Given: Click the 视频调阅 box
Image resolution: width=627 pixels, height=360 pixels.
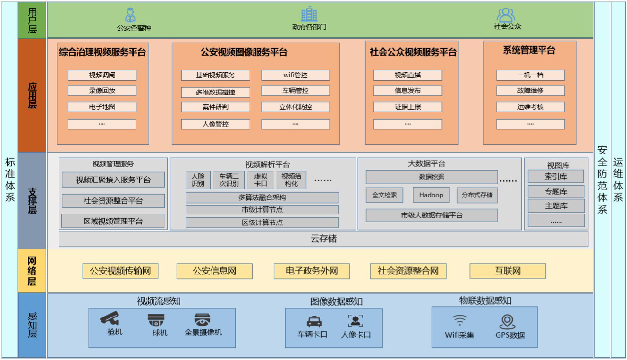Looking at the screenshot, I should tap(102, 75).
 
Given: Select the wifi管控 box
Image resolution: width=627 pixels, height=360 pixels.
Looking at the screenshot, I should tap(295, 75).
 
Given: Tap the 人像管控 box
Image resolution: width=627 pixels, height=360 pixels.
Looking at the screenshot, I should tap(215, 124).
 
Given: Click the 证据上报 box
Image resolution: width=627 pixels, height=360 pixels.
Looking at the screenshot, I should tap(407, 107).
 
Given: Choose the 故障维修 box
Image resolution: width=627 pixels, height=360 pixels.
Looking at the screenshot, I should tap(530, 91).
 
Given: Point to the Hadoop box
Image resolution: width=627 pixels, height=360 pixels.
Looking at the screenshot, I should tap(431, 195).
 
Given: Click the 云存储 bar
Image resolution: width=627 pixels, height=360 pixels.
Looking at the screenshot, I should tap(323, 239).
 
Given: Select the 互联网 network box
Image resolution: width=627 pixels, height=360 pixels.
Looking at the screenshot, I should tap(508, 271).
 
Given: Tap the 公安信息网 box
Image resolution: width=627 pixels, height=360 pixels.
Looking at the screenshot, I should tap(214, 271).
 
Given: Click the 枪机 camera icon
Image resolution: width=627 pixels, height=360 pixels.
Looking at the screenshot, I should tap(110, 318).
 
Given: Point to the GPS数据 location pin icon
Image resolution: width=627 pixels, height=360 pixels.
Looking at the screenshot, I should tap(508, 322).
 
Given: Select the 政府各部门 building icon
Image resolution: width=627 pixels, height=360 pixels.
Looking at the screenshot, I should tap(309, 14).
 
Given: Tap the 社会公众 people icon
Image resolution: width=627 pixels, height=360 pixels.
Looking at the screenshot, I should tap(506, 14).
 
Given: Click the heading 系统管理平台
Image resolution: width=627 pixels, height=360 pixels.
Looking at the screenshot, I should tap(529, 51).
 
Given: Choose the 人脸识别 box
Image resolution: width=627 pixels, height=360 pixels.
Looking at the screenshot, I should tap(198, 180).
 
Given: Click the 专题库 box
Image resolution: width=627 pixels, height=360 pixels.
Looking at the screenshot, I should tap(556, 191).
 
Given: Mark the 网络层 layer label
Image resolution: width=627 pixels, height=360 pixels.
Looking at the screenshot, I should tap(32, 271).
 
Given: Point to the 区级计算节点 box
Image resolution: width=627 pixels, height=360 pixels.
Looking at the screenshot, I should tap(262, 223).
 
